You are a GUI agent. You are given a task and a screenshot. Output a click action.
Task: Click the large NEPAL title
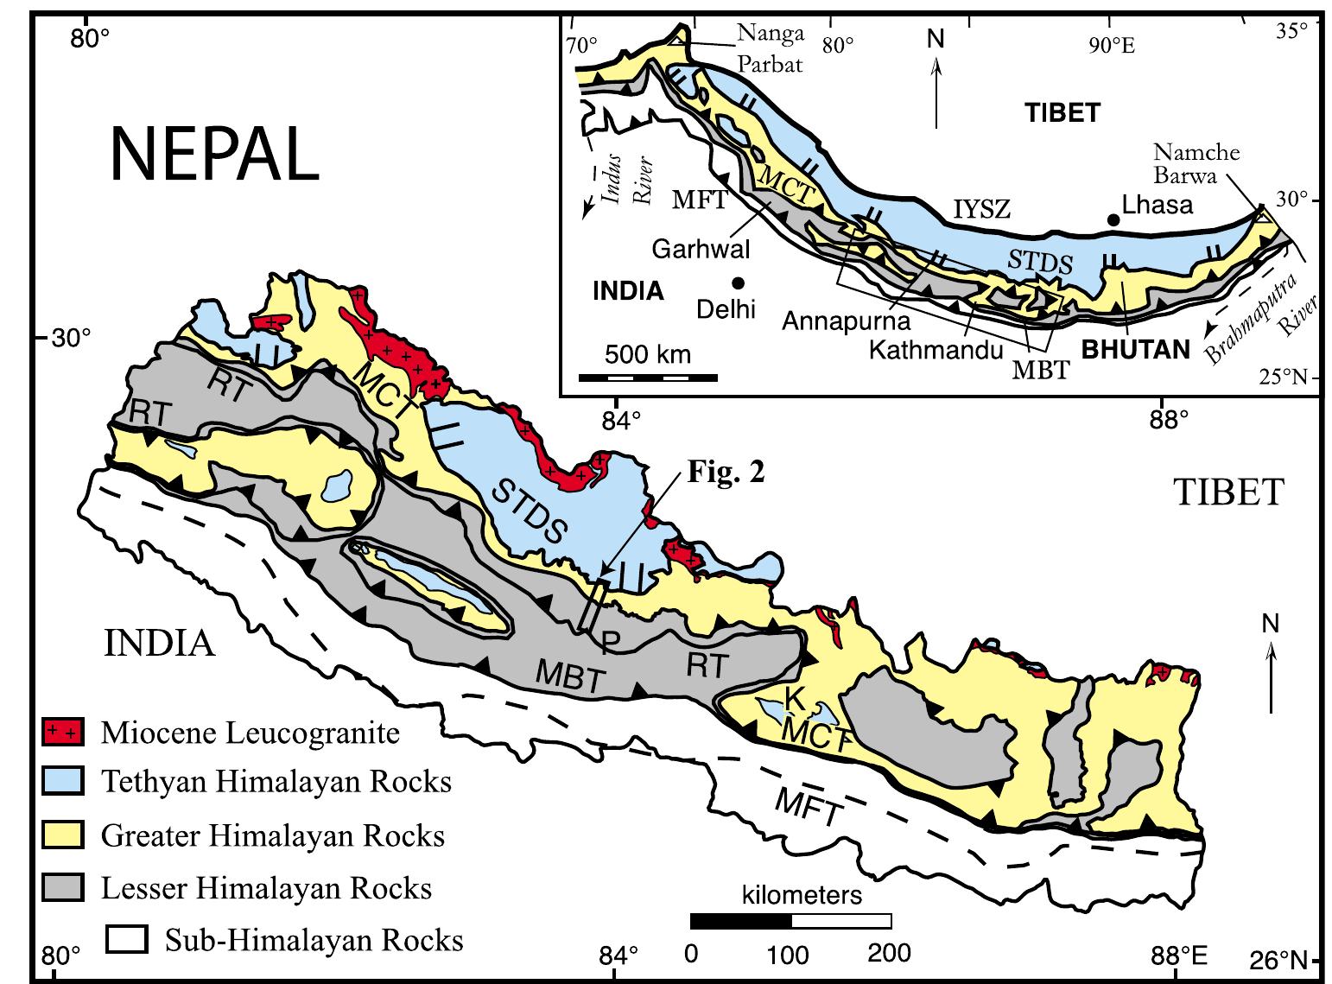214,155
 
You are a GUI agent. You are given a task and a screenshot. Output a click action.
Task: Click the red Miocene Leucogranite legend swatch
63,733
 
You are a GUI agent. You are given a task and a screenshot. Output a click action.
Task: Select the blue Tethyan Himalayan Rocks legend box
63,782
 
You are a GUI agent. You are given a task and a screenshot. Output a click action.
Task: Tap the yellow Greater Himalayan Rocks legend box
63,835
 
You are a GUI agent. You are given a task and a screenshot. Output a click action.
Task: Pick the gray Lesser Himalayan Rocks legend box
63,887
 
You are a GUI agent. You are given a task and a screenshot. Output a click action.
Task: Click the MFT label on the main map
807,809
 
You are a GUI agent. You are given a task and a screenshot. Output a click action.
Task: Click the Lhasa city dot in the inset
1113,221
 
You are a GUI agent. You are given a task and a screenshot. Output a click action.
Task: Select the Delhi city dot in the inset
738,283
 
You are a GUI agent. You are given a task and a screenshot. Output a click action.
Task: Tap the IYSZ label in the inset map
981,208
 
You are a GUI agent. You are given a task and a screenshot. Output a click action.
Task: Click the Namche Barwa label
1196,163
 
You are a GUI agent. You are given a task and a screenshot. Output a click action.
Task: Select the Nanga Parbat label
770,48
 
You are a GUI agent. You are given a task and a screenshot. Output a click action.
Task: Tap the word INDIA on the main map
160,643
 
